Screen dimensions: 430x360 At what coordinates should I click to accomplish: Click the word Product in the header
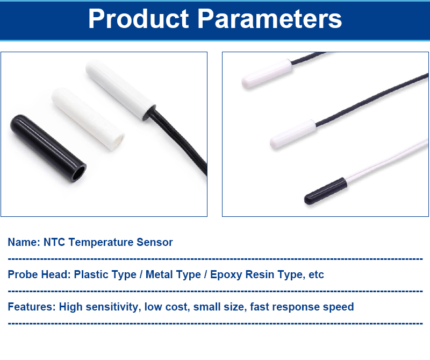point(139,19)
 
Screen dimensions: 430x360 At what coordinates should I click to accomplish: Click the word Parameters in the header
point(270,19)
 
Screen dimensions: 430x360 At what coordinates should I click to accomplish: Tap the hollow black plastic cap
point(48,149)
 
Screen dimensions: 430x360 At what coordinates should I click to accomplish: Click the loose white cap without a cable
point(88,118)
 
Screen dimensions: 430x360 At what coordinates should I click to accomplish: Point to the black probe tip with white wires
point(326,191)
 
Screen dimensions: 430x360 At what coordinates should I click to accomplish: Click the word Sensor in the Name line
point(155,242)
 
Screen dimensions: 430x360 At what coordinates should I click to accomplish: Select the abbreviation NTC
point(54,242)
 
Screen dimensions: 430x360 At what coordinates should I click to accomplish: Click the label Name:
point(24,242)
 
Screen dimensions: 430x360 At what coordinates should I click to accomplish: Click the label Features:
point(32,307)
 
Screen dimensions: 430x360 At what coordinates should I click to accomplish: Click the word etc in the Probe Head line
point(316,275)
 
